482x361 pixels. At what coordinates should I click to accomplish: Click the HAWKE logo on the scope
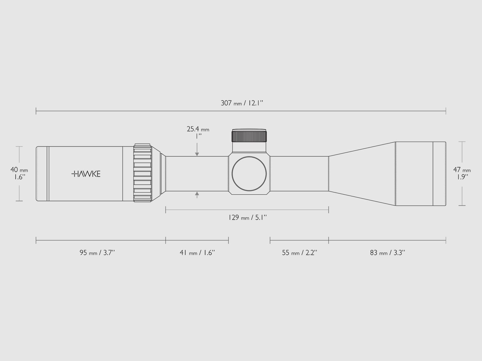point(86,174)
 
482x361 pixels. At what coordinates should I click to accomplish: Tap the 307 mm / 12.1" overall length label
point(242,103)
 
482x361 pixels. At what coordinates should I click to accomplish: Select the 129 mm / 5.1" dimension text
point(248,217)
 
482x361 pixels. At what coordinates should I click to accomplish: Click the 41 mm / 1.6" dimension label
point(197,253)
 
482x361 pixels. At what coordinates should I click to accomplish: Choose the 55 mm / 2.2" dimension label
point(300,253)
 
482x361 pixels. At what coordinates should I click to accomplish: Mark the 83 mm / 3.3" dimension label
point(387,253)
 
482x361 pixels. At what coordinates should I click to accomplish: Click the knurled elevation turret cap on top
point(249,136)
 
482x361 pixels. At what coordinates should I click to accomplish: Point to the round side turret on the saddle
point(249,174)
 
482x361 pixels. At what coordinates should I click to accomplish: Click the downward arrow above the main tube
point(197,153)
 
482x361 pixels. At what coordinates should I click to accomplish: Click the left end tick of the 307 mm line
point(36,111)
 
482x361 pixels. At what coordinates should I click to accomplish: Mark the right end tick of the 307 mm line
point(446,111)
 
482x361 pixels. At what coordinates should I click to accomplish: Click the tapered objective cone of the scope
point(361,174)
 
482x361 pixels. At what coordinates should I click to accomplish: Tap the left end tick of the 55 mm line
point(270,240)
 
